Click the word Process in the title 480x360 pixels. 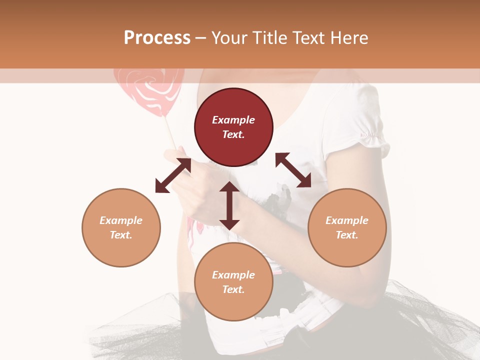(157, 38)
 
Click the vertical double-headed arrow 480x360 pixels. (229, 205)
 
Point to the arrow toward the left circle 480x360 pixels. (173, 175)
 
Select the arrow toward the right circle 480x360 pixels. (293, 170)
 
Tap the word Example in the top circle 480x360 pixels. (233, 120)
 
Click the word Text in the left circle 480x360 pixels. (120, 235)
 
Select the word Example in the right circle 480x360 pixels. (347, 220)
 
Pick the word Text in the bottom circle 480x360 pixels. (233, 289)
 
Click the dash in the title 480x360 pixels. (201, 38)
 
